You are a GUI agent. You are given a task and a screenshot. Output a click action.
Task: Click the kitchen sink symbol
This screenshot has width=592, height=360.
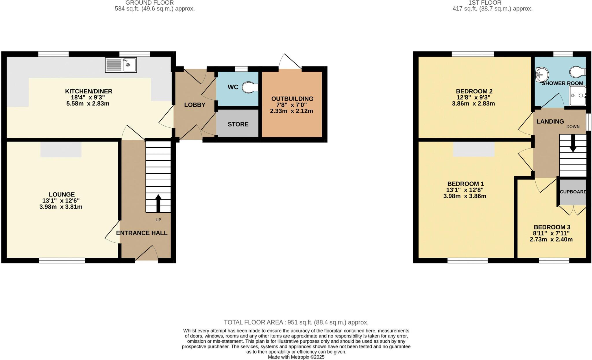click(x=121, y=65)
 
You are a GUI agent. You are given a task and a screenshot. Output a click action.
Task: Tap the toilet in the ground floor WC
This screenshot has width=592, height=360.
click(x=250, y=87)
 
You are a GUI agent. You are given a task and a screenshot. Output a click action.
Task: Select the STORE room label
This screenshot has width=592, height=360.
click(x=238, y=124)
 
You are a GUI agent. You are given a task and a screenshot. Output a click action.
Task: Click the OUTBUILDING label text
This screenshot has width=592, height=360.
click(x=292, y=99)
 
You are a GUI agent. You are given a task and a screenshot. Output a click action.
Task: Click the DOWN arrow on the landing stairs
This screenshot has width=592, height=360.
click(x=573, y=146)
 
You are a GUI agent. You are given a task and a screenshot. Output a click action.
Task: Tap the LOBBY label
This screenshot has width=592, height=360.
click(x=195, y=105)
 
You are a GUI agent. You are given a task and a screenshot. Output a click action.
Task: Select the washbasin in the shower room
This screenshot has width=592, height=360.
click(x=542, y=75)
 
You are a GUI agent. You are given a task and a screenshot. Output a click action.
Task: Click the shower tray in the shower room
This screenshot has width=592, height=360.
click(x=578, y=96)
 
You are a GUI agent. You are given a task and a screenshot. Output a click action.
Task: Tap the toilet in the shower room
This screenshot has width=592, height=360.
click(x=577, y=72)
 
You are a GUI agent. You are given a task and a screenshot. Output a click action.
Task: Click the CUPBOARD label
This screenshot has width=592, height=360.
click(x=573, y=192)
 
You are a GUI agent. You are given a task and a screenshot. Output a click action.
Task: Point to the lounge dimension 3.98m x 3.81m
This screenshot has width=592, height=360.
click(x=61, y=207)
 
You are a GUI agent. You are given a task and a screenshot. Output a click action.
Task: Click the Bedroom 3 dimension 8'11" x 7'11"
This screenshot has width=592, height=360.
click(x=551, y=233)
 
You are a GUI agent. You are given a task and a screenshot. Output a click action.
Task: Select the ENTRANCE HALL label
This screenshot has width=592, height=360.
click(x=142, y=233)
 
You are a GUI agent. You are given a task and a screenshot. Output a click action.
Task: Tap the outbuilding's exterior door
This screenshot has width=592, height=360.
click(x=291, y=61)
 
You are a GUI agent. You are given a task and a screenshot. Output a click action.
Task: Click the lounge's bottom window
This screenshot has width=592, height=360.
click(x=62, y=261)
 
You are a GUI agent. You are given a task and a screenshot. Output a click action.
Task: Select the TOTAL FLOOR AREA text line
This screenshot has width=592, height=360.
click(x=296, y=322)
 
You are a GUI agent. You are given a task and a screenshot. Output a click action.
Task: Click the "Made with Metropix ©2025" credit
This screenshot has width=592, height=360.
click(x=296, y=357)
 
